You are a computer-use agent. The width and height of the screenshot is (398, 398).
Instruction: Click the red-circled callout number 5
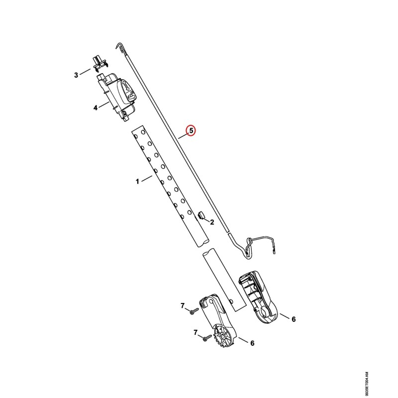coord(191,131)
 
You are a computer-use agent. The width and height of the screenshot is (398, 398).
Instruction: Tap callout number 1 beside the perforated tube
coord(137,182)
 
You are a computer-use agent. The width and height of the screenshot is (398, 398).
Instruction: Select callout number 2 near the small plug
coord(212,222)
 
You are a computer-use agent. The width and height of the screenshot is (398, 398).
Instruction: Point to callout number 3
coord(76,75)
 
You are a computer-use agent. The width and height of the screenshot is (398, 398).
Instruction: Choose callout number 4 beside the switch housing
coord(96,107)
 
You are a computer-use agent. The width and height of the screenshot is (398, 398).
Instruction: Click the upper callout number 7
coord(183,306)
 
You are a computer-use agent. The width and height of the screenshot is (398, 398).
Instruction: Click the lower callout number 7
coord(196,332)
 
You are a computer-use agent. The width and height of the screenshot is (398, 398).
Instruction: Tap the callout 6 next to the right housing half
coord(294,319)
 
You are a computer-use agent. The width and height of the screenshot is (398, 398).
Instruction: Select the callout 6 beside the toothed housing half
coord(252,343)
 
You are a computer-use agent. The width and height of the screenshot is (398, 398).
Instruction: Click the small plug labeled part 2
coord(201,214)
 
